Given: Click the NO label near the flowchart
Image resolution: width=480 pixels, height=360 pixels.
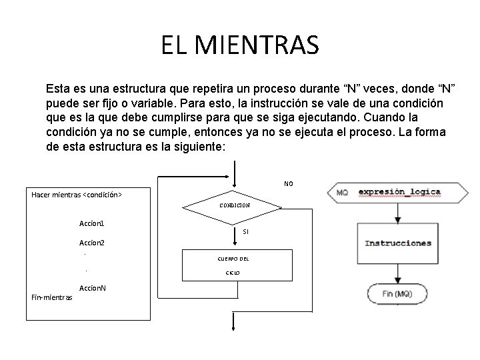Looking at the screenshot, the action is click(x=288, y=183).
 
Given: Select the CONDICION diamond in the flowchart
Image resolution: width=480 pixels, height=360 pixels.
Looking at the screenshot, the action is click(x=235, y=206).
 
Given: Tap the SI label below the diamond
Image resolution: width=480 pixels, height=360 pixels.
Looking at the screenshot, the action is click(x=245, y=231).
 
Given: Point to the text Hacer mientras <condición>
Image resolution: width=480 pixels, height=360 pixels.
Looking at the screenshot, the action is click(x=77, y=195).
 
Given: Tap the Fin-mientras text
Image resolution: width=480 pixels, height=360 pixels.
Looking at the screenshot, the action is click(x=52, y=297).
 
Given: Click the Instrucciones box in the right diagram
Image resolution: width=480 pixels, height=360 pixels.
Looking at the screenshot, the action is click(x=398, y=243).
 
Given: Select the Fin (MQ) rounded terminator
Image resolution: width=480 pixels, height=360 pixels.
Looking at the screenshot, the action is click(x=398, y=293).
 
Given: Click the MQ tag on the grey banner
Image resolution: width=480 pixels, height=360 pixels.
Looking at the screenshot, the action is click(x=342, y=192).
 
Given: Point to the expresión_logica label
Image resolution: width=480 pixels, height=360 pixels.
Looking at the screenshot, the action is click(x=399, y=191).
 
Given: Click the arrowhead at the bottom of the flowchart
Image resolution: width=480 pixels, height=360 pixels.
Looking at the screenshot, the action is click(x=233, y=325).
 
